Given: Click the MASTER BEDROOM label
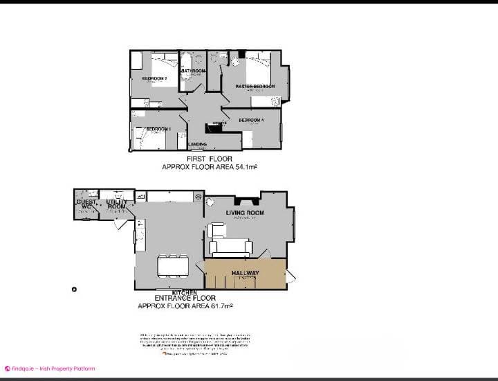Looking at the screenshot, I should (255, 87).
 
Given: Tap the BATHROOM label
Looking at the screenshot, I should (194, 71).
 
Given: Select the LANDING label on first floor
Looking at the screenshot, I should (197, 144).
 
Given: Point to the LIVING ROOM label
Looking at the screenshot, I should (245, 212).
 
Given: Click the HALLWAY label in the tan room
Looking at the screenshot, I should (245, 273).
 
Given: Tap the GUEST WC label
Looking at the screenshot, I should (86, 204).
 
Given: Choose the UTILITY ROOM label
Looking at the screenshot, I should (116, 204).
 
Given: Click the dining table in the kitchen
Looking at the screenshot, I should (173, 265).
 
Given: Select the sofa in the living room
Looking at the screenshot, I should (230, 247).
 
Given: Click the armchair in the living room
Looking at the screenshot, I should (216, 230).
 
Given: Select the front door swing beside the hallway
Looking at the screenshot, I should (291, 276).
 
